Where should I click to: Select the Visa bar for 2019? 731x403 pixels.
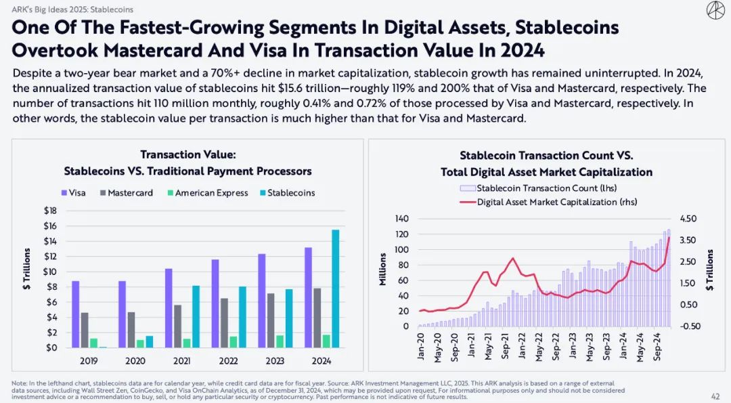coord(75,314)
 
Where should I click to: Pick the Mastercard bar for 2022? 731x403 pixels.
coord(224,323)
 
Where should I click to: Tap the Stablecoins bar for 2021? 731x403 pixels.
coord(196,316)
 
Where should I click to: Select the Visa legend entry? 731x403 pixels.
coord(74,193)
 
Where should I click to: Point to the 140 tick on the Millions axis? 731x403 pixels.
coord(402,219)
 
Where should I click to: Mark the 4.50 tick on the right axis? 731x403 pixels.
coord(688,219)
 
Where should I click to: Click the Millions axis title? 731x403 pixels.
coord(383,269)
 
